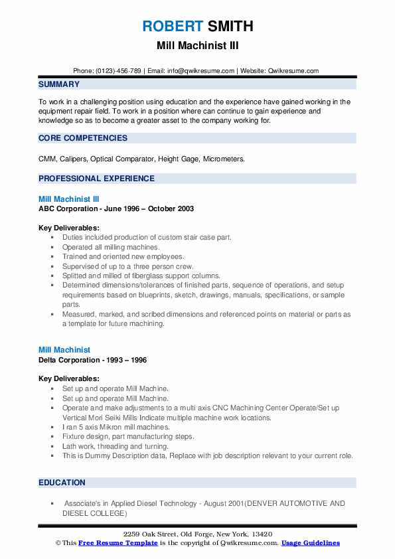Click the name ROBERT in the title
tap(171, 26)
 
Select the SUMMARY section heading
tap(59, 84)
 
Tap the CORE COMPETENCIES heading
tap(83, 138)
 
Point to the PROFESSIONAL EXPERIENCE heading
tap(96, 178)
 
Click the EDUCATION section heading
tap(62, 482)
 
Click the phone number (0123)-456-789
tap(118, 70)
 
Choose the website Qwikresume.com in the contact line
tap(294, 70)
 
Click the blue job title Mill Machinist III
tap(69, 199)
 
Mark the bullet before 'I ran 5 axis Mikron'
tap(52, 428)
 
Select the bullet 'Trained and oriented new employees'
tap(123, 256)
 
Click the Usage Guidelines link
tap(311, 542)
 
